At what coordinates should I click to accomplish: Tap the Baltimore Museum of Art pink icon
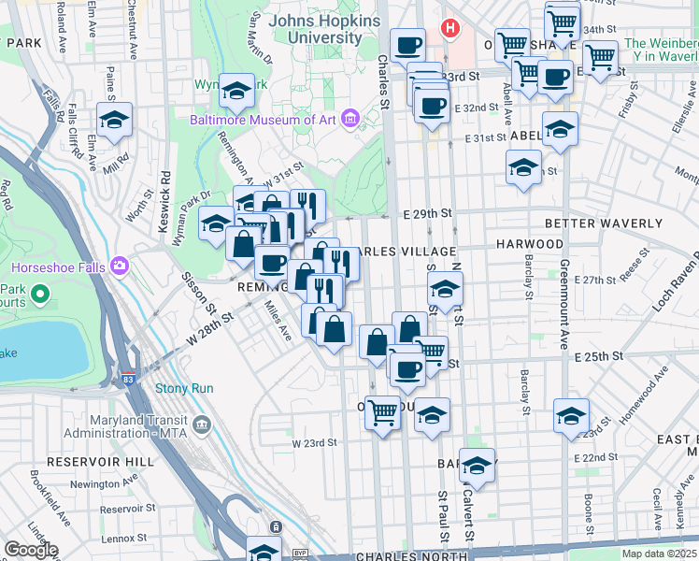(x=350, y=119)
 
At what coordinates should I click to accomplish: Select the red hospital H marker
(x=450, y=28)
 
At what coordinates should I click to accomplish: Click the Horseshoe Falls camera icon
(x=119, y=266)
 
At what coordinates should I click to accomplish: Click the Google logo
(x=31, y=549)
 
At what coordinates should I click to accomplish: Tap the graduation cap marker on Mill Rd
(x=115, y=121)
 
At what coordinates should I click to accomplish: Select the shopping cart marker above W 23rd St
(x=382, y=411)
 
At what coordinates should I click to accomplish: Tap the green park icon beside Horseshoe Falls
(x=39, y=295)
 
